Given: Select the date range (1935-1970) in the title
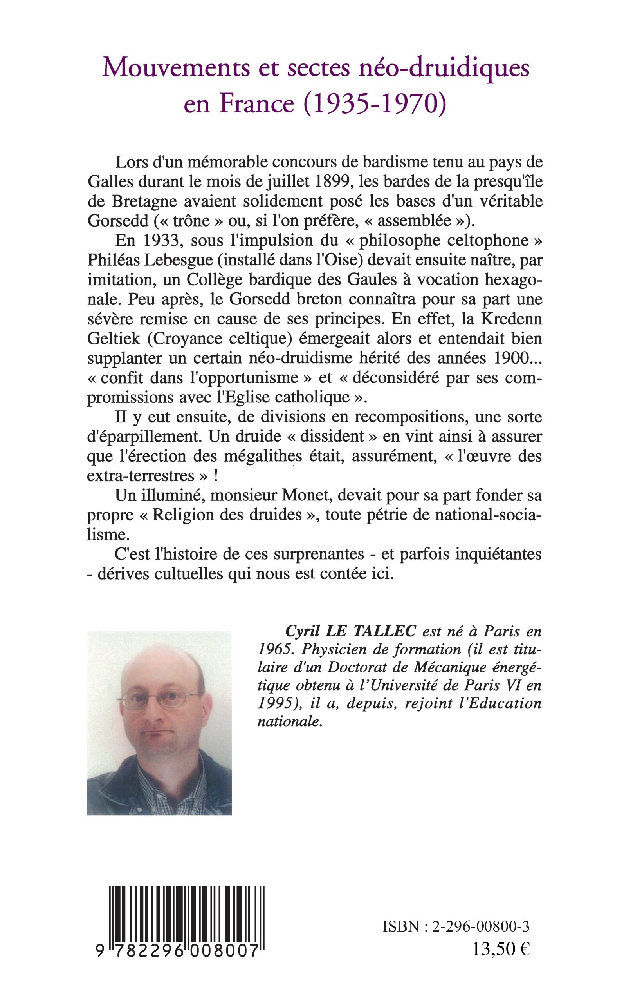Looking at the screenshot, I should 375,103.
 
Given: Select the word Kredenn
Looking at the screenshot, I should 512,319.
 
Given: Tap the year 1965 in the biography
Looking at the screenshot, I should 274,650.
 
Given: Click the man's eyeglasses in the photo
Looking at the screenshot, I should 159,699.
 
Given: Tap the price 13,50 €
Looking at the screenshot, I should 501,947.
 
